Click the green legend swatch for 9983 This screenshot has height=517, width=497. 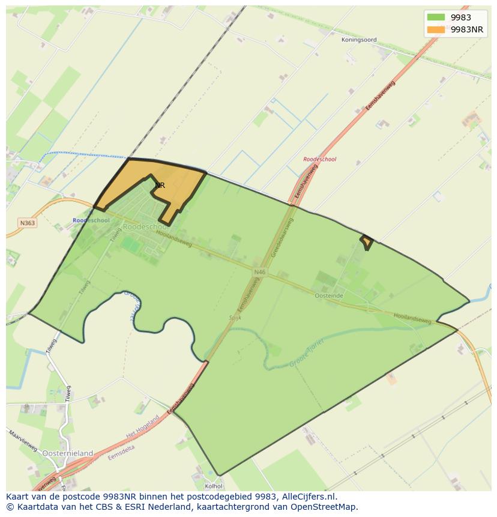pos(436,17)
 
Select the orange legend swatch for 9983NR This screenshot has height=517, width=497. pos(436,29)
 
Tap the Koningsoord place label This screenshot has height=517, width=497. pos(359,40)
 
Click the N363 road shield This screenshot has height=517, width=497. pos(28,223)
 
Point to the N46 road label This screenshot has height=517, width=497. pos(259,272)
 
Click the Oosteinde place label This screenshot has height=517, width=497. pos(328,295)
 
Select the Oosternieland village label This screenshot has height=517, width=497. pos(68,453)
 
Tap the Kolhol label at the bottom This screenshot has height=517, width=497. pos(214,486)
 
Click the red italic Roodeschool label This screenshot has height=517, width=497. pos(319,160)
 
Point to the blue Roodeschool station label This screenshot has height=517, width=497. pos(91,220)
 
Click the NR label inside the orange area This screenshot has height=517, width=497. pos(160,186)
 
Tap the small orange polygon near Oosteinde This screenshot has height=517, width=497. pos(366,242)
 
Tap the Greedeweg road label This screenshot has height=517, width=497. pos(282,237)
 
